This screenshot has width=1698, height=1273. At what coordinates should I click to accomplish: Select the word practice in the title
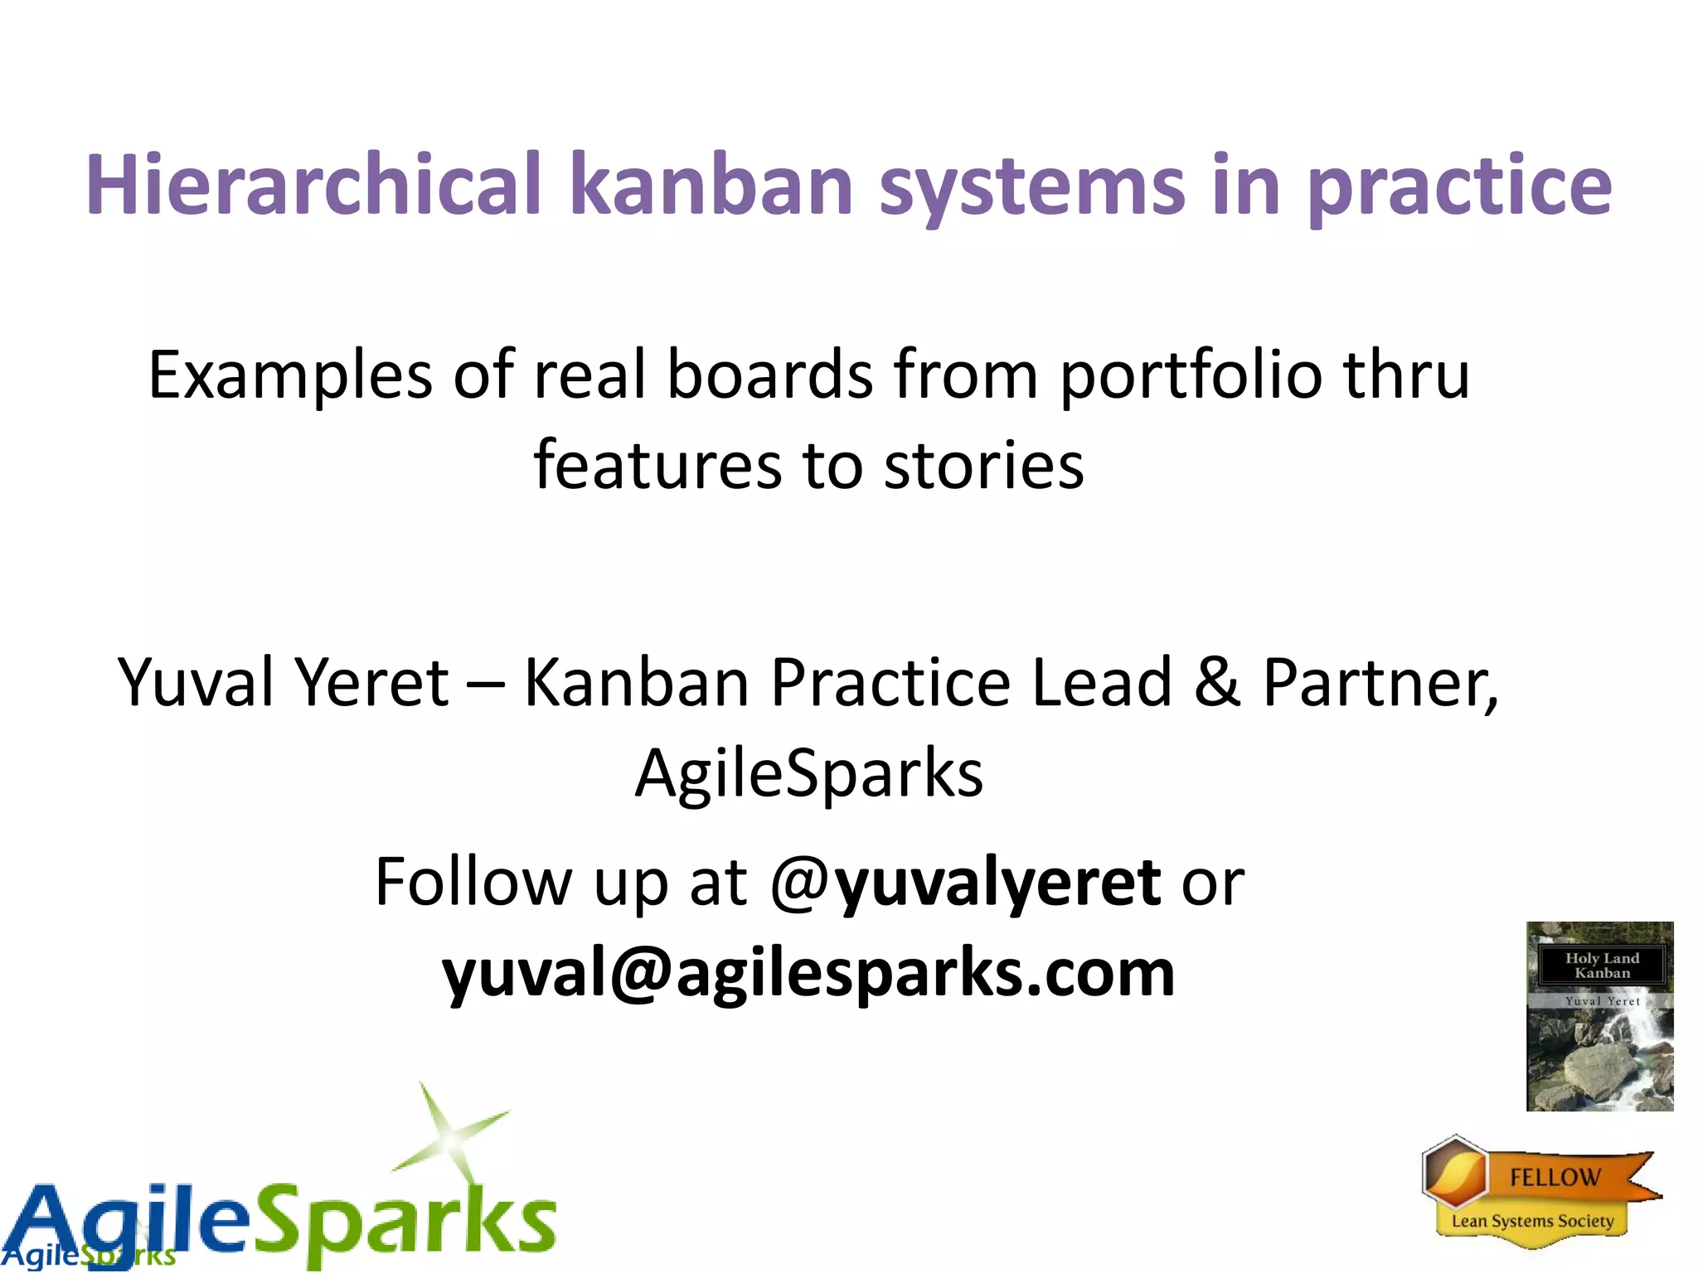tap(1459, 187)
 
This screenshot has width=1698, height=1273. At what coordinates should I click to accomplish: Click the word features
tap(657, 466)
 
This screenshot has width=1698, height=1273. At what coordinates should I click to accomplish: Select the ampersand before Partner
tap(1217, 682)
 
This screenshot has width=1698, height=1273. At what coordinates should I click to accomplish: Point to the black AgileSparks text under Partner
tap(808, 773)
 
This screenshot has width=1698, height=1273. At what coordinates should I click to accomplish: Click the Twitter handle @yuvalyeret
tap(965, 883)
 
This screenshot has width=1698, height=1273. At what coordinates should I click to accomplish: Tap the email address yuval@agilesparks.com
tap(808, 973)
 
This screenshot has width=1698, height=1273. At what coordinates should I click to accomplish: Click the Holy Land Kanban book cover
tap(1599, 1016)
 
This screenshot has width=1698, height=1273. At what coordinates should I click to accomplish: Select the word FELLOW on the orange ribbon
tap(1555, 1177)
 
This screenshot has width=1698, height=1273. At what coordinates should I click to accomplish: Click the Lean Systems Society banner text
tap(1532, 1221)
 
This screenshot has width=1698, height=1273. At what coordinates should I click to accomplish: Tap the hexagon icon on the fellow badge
tap(1454, 1172)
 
